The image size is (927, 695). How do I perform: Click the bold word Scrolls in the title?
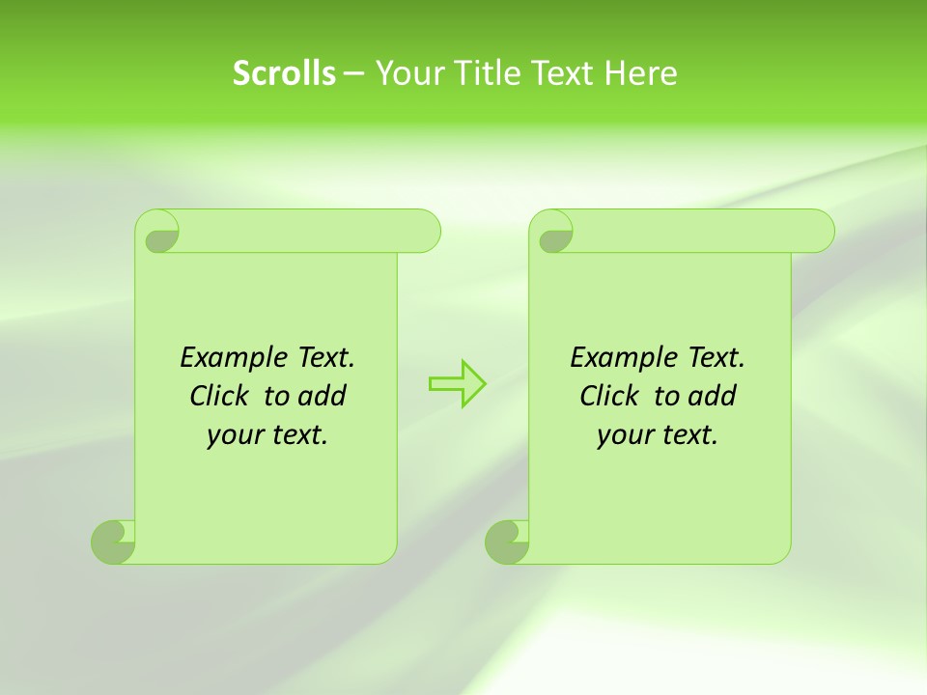click(285, 73)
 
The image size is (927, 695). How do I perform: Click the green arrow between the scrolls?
click(457, 383)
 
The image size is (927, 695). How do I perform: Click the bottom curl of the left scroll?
click(114, 542)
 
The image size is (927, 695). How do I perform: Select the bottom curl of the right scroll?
click(507, 542)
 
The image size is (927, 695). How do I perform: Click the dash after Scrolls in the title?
click(353, 73)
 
